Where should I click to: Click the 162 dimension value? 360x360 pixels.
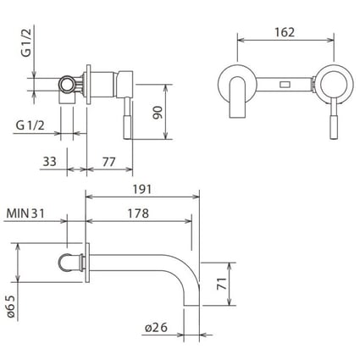[x=285, y=32]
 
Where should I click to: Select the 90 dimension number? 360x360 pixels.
[x=158, y=113]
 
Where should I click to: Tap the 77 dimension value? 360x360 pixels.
[x=109, y=162]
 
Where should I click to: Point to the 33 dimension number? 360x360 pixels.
[x=49, y=162]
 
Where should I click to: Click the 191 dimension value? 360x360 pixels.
[x=142, y=189]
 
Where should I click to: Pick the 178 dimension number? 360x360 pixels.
[x=138, y=213]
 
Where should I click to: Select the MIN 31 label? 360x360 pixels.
[x=25, y=213]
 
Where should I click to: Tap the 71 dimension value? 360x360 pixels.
[x=222, y=284]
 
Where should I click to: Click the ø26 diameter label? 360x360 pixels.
[x=156, y=328]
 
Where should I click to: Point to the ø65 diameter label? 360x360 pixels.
[x=11, y=307]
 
